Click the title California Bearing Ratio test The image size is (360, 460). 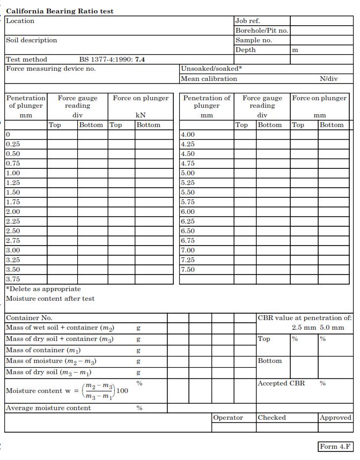(x=60, y=11)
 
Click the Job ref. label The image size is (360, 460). (x=247, y=21)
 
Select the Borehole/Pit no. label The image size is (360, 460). (x=261, y=31)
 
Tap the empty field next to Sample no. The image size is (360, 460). (x=321, y=40)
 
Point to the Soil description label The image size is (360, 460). (x=31, y=40)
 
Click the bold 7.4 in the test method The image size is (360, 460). (x=140, y=60)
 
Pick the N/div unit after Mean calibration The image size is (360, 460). (x=328, y=79)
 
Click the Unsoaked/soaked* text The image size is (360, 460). (x=211, y=69)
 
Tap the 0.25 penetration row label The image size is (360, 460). (x=13, y=144)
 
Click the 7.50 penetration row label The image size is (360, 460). (x=188, y=270)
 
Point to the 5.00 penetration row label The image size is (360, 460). (x=188, y=173)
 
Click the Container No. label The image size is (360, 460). (x=29, y=318)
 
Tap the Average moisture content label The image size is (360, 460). (x=48, y=408)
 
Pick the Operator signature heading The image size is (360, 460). (x=228, y=418)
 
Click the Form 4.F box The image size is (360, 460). (x=336, y=447)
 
